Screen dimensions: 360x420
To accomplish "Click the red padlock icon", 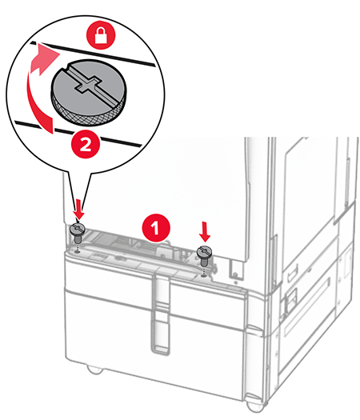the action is (101, 35).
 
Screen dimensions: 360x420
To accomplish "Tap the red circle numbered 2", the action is (86, 146).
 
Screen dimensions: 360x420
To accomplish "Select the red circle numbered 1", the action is (156, 228).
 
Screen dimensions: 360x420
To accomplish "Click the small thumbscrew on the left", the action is (78, 232).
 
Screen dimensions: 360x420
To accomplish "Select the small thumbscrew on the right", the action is (205, 254).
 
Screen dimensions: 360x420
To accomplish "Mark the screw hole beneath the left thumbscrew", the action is (78, 252).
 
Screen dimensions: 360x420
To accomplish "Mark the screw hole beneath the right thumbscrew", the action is (204, 275).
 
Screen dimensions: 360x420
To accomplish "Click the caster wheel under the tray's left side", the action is (95, 370).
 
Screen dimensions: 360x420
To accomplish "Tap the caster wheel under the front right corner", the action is (254, 404).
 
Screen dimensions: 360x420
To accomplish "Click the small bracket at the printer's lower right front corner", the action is (235, 269).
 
